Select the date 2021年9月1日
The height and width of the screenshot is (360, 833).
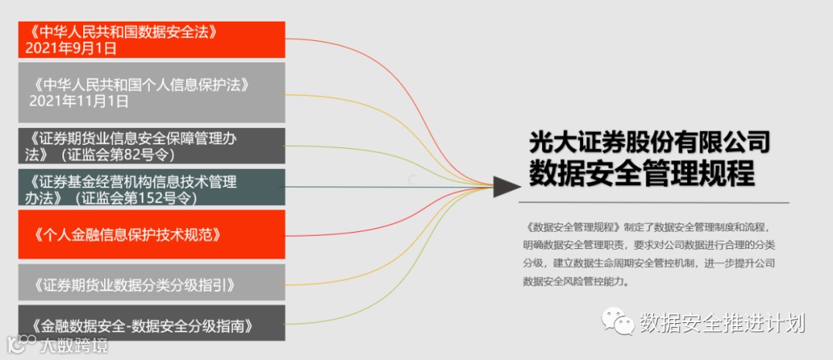point(71,49)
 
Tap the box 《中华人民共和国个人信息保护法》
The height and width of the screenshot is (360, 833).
point(151,92)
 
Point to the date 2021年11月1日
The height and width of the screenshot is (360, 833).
point(79,101)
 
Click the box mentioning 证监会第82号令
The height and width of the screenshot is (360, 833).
point(151,146)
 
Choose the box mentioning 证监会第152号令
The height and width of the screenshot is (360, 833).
point(151,188)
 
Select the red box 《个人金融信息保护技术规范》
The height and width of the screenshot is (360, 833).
point(151,234)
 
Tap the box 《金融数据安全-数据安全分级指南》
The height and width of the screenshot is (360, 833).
point(151,324)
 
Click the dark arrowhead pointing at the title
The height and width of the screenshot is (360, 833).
point(506,186)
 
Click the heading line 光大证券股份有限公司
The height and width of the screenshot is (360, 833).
point(649,143)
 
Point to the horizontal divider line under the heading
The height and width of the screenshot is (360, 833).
point(655,203)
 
